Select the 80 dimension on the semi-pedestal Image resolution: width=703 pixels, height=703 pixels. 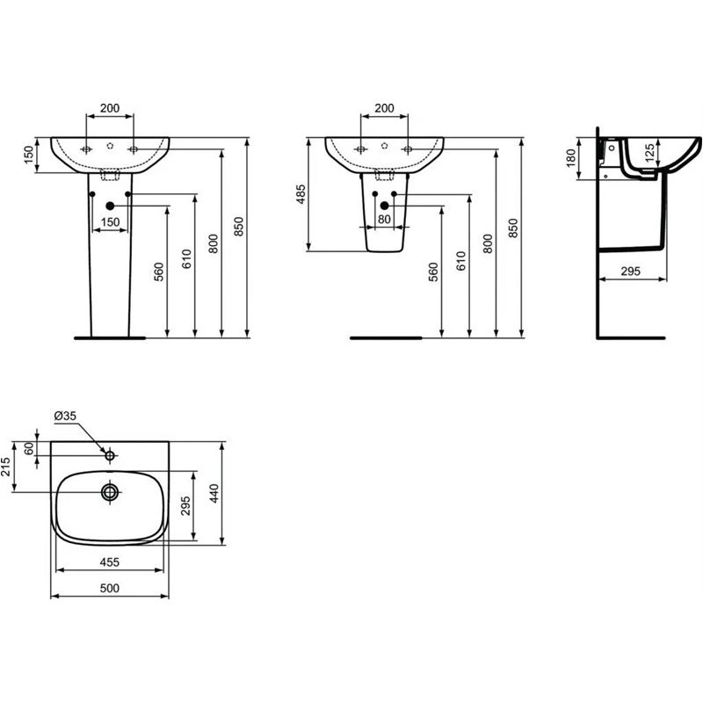(384, 219)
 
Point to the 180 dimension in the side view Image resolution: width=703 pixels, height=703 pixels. (570, 158)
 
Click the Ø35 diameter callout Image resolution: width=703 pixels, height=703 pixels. (65, 416)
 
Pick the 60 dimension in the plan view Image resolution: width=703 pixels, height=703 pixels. (28, 448)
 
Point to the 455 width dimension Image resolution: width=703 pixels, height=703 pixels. (109, 561)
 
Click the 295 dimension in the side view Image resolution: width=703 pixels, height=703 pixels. (630, 272)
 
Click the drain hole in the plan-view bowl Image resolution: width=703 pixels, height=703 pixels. (110, 492)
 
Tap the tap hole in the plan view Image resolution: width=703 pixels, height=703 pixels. (110, 456)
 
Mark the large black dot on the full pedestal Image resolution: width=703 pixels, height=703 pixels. (110, 207)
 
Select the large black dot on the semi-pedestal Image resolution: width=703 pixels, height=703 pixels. (384, 206)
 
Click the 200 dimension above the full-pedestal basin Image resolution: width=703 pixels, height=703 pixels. (110, 108)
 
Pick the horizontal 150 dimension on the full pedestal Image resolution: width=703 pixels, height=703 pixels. (110, 222)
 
